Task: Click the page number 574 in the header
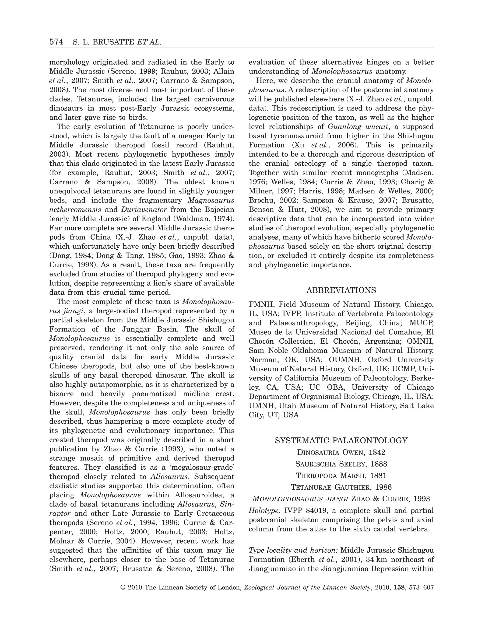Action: click(56, 42)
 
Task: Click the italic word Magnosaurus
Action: click(211, 201)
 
